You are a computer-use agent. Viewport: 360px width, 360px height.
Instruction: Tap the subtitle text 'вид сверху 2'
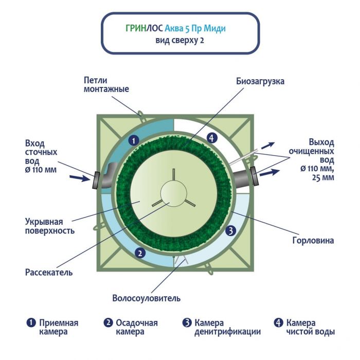coord(179,41)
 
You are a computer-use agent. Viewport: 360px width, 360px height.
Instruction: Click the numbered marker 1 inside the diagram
coord(133,140)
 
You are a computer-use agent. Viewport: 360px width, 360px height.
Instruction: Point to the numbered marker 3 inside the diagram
coord(231,231)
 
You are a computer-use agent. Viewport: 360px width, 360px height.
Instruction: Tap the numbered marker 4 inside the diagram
coord(210,137)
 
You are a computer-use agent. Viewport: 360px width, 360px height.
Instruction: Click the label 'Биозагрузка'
coord(260,81)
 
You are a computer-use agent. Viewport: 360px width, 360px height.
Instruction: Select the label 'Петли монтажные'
coord(106,84)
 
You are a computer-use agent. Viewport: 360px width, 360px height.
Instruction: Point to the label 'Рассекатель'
coord(49,272)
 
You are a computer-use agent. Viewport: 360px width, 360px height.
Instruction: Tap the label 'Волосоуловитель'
coord(146,298)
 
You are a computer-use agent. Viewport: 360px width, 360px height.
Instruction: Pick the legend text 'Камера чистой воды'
coord(311,327)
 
